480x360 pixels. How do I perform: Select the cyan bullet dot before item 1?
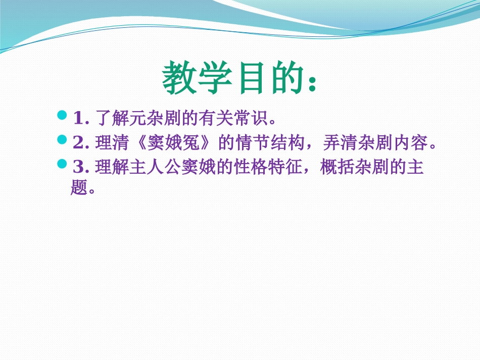point(63,116)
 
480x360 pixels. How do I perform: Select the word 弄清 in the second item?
point(338,143)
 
